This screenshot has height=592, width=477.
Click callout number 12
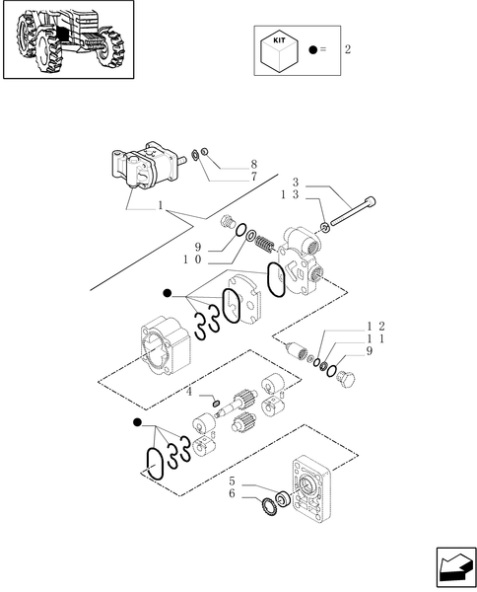click(375, 326)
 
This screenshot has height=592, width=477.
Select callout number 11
click(375, 338)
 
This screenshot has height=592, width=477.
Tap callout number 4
click(189, 393)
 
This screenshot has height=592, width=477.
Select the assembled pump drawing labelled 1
click(149, 168)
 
